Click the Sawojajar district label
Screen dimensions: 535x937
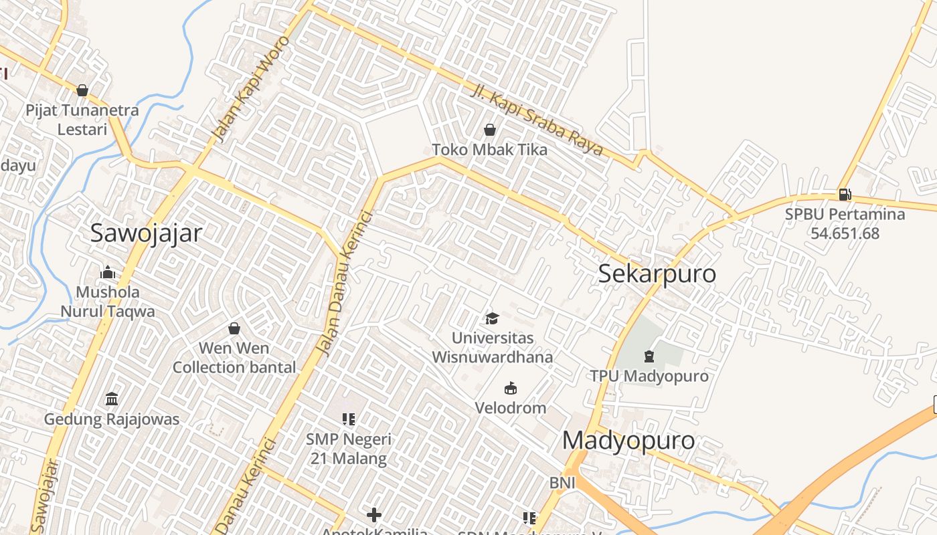click(x=146, y=233)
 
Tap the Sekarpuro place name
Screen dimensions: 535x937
click(x=657, y=274)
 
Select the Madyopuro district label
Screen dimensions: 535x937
click(x=628, y=441)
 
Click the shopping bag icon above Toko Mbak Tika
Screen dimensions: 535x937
click(x=490, y=130)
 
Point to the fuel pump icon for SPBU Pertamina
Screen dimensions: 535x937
click(x=845, y=195)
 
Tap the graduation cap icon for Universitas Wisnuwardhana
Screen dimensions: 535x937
click(x=493, y=319)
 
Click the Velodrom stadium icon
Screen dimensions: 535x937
click(x=511, y=389)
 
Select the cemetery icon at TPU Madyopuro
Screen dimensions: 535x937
click(x=649, y=356)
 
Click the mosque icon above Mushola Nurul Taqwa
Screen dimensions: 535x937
click(x=108, y=272)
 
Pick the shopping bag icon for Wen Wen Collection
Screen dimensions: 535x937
click(x=234, y=328)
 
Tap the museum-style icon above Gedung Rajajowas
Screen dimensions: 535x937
click(x=112, y=399)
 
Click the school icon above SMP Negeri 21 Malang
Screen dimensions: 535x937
click(x=348, y=419)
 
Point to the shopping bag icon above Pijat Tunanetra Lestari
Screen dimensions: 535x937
click(x=82, y=90)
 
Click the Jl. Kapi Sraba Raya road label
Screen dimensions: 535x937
click(x=537, y=120)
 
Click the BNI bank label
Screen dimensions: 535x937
click(x=562, y=483)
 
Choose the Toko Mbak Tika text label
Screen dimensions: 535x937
click(x=489, y=150)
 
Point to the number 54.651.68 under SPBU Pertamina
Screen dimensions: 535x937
click(x=845, y=233)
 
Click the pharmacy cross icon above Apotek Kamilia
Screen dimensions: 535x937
click(x=374, y=514)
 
